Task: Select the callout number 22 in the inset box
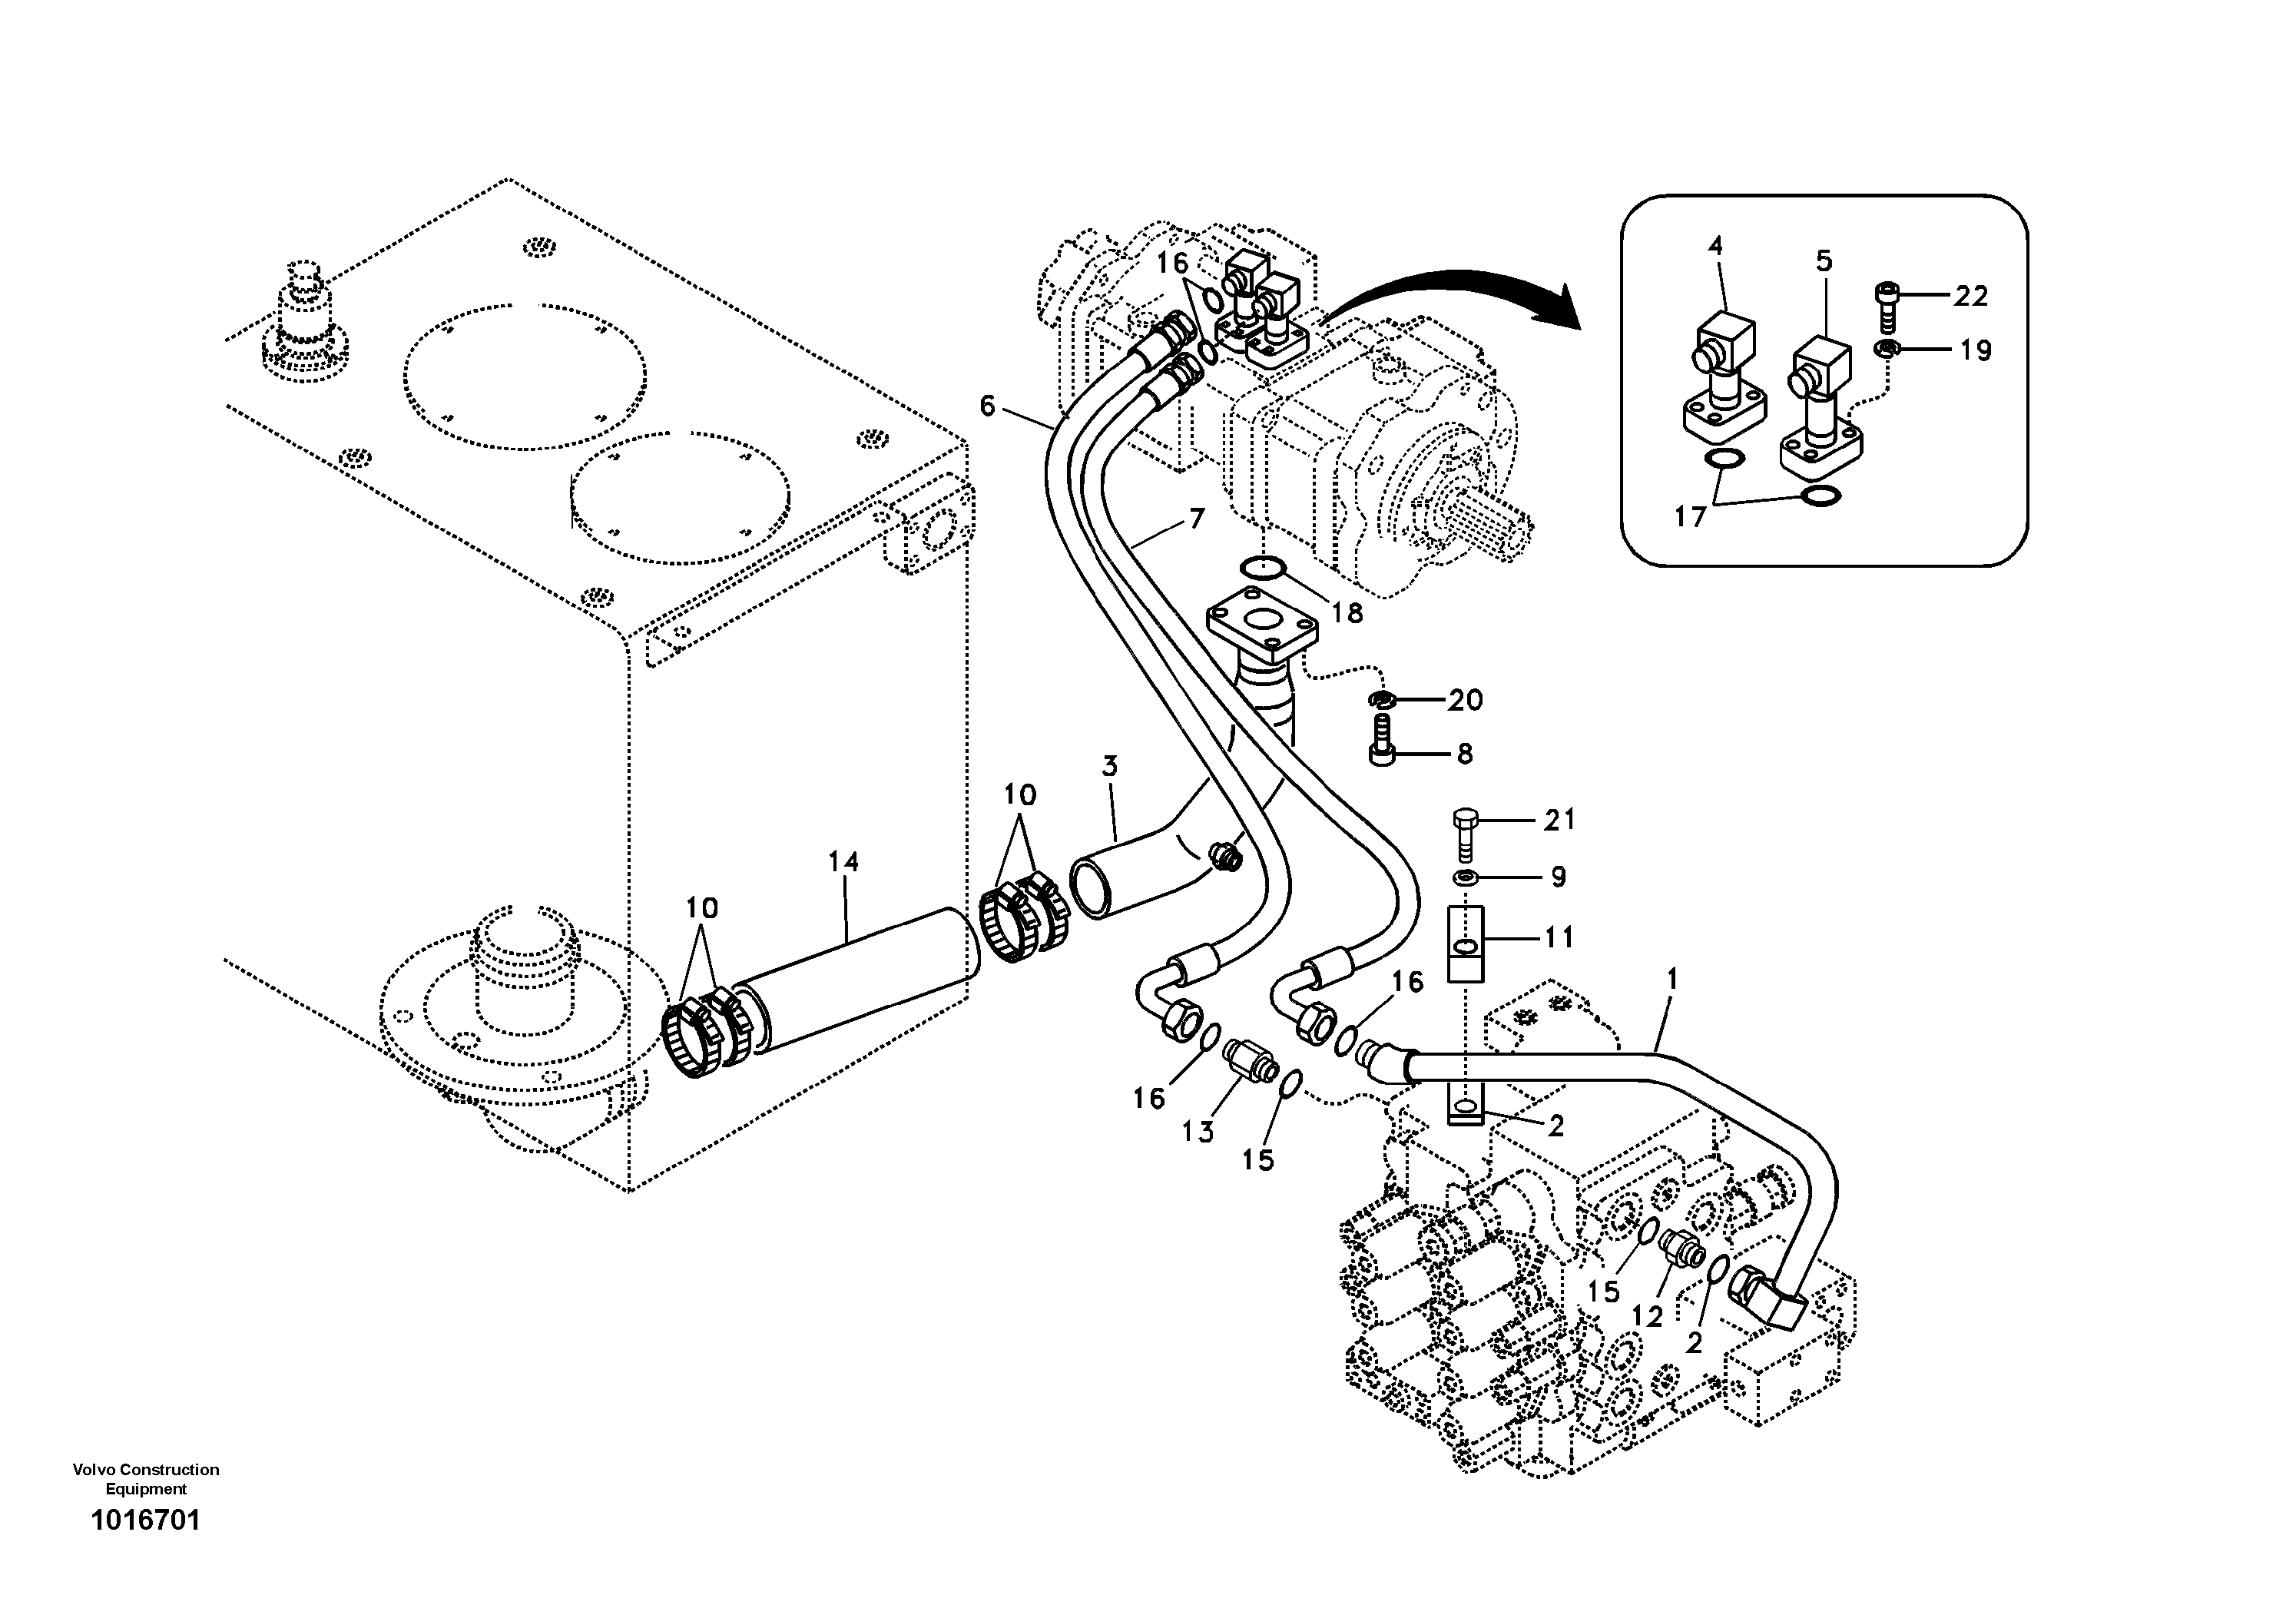pos(1970,296)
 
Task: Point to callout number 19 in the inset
pos(1976,350)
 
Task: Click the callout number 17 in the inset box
pos(1690,517)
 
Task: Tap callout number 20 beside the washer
pos(1465,701)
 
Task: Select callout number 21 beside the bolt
pos(1559,821)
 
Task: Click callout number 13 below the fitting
pos(1198,1132)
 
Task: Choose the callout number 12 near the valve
pos(1647,1316)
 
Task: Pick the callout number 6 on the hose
pos(987,405)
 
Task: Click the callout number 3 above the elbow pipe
pos(1109,767)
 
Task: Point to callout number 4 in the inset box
pos(1715,246)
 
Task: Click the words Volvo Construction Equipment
pos(145,1478)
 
